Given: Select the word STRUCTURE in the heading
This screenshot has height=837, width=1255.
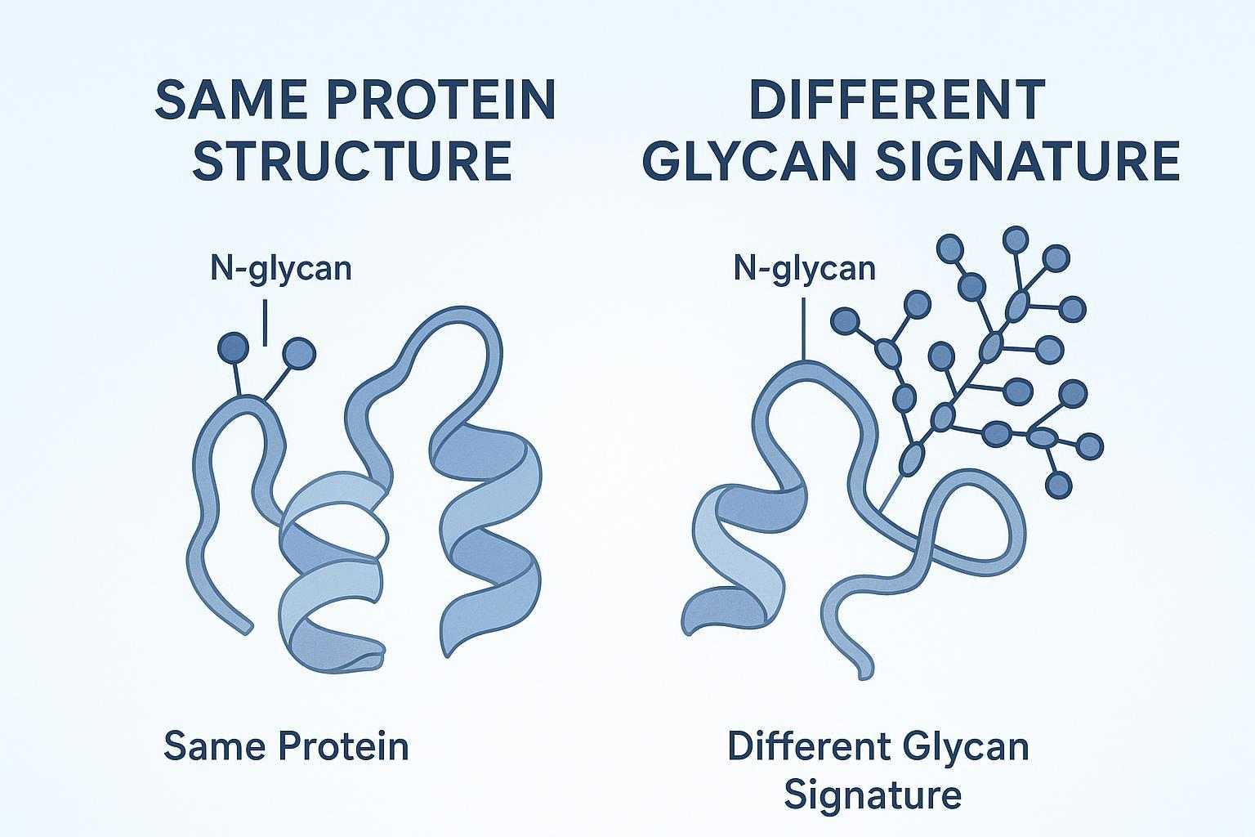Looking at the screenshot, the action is click(355, 161).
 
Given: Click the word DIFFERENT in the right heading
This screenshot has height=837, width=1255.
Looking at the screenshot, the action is click(897, 101).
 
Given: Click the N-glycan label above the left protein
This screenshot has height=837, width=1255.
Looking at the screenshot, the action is click(281, 268).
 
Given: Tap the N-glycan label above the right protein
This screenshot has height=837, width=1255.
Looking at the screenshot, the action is click(804, 268).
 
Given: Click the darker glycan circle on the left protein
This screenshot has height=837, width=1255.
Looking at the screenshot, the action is click(234, 349).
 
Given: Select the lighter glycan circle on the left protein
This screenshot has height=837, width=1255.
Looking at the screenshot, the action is click(298, 353).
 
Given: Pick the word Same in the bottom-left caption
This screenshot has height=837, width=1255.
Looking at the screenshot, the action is click(214, 746).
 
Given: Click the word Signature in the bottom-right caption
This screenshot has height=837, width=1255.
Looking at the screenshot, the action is click(872, 794).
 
